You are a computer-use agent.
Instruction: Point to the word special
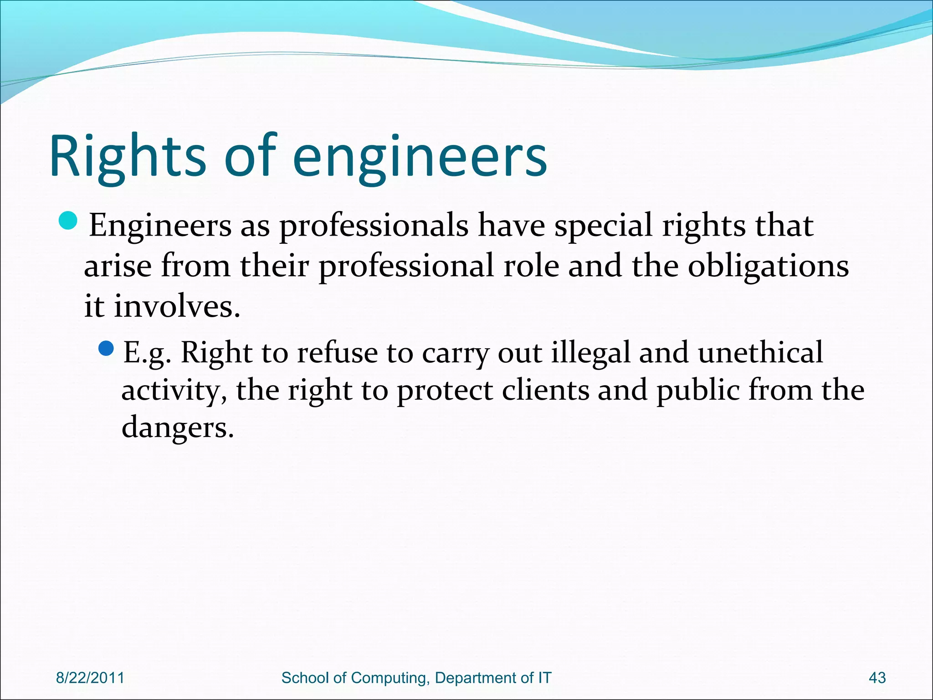tap(603, 226)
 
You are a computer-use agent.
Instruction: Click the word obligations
tap(768, 266)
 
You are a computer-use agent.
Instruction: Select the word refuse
tap(337, 352)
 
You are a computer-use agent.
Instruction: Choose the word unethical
tap(760, 352)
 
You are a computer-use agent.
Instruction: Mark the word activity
tap(174, 391)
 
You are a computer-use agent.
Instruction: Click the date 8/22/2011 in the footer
tap(90, 678)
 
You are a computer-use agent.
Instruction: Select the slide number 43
tap(877, 678)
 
